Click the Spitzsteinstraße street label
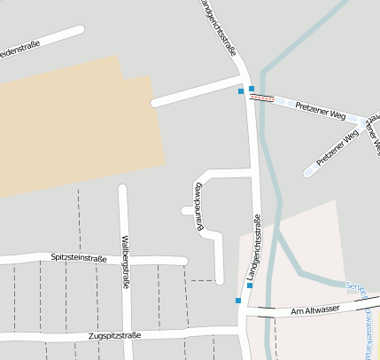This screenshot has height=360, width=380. (79, 258)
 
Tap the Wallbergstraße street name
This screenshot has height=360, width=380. (126, 260)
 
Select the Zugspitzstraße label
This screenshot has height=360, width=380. (115, 336)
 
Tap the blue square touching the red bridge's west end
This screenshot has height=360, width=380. (252, 89)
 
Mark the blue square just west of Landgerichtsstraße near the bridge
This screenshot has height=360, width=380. (241, 90)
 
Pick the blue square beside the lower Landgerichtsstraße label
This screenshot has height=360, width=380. (250, 286)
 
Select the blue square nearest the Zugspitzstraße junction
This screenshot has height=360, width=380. (237, 301)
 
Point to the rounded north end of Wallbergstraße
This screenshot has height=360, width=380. (123, 189)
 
